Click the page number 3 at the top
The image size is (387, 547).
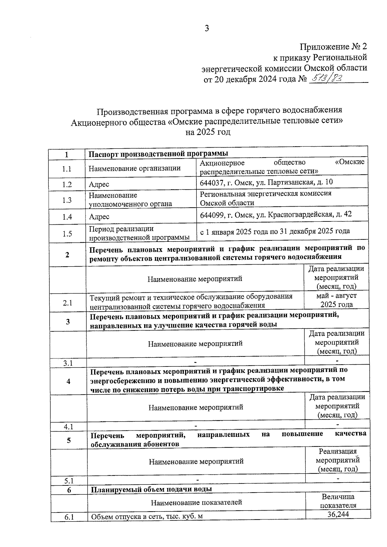207,28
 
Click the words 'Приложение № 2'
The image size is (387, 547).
333,47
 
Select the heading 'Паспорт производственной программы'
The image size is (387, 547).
158,153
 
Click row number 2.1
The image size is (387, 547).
67,303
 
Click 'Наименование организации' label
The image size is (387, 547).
134,168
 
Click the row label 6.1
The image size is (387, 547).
69,517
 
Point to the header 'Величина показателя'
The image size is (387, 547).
338,501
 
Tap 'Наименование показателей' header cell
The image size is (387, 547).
196,502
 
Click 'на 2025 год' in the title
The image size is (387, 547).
208,132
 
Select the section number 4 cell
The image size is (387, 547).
68,381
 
